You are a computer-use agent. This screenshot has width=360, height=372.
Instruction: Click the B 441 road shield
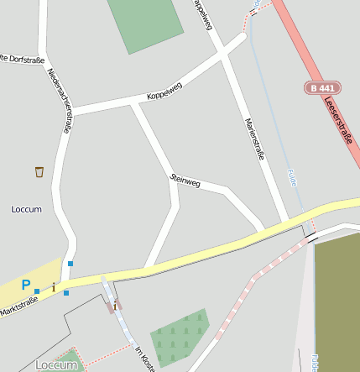click(323, 87)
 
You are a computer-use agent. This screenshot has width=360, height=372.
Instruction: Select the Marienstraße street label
click(254, 139)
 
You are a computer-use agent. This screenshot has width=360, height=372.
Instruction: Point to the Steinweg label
click(185, 180)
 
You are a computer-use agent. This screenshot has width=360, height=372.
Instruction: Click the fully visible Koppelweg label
click(164, 89)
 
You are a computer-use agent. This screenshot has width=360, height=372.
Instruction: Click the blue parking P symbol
click(26, 286)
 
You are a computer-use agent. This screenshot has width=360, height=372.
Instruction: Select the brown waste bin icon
click(39, 172)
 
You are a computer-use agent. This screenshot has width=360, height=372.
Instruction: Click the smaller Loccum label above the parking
click(27, 208)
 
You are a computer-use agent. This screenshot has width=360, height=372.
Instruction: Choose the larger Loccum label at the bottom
click(57, 364)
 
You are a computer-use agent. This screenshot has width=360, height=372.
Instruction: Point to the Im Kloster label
click(145, 359)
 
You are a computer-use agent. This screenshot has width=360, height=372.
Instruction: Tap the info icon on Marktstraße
click(54, 288)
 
